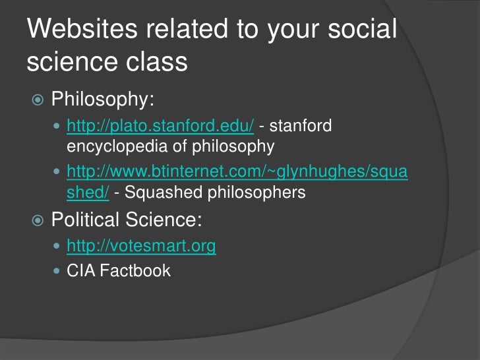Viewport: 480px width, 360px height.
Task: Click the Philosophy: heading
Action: (x=103, y=100)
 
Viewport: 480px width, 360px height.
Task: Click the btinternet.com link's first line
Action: (x=237, y=173)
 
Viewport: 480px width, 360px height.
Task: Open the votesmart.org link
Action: (x=141, y=246)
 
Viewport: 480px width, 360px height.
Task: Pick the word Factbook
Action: (x=135, y=270)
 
